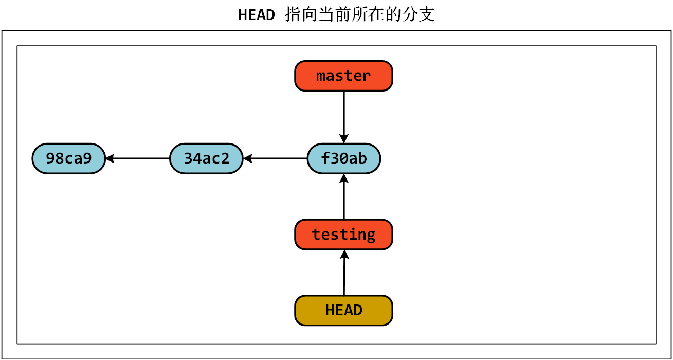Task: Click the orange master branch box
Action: pos(343,76)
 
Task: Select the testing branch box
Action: pos(343,235)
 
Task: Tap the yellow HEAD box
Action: pos(343,311)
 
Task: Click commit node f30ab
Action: pos(343,158)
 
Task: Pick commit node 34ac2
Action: pos(206,158)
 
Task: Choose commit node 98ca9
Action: pos(68,158)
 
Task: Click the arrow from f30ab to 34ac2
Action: pos(278,158)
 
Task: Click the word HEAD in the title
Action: pos(256,15)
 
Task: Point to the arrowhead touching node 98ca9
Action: pos(110,158)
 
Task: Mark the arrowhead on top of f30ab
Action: pos(343,139)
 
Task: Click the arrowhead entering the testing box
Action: pos(344,254)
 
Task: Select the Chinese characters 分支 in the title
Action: pos(420,14)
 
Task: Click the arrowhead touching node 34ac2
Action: pos(247,158)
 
